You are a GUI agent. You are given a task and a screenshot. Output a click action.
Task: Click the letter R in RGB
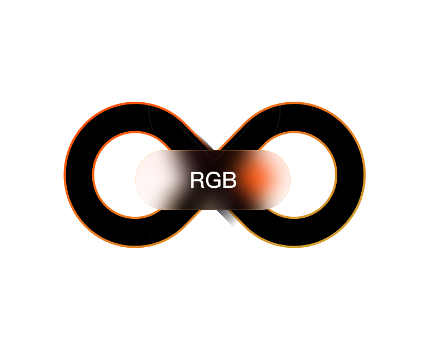pos(197,180)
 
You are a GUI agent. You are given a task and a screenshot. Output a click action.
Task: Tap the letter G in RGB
pos(213,180)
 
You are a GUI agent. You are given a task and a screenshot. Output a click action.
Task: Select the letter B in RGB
pos(230,180)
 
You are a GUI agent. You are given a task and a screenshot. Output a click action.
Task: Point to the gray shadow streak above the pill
pos(204,142)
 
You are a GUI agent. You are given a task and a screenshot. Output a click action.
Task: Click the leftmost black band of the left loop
pos(79,174)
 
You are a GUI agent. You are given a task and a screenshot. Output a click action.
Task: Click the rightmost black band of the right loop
pos(350,174)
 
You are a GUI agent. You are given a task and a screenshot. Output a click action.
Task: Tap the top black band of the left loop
pos(136,118)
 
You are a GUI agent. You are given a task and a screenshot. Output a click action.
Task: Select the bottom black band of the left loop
pos(136,232)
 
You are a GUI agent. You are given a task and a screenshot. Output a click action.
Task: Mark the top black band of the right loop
pos(294,118)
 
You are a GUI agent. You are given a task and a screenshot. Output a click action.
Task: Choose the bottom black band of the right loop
pos(294,232)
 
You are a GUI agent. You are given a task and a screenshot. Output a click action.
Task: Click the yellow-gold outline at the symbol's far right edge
pos(365,174)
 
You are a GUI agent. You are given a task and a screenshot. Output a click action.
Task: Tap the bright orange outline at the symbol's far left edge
pos(65,174)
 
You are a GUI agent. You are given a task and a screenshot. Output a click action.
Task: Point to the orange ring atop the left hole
pos(136,132)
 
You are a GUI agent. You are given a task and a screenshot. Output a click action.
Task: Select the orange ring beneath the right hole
pos(294,217)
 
